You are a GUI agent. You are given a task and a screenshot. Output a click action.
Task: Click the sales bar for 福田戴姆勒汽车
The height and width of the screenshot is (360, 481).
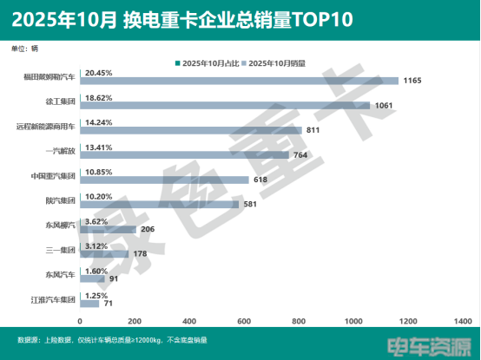click(239, 81)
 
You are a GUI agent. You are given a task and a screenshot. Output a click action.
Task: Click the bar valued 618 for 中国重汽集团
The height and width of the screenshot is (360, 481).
click(164, 180)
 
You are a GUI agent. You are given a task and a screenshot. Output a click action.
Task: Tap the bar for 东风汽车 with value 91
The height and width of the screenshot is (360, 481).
click(92, 279)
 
